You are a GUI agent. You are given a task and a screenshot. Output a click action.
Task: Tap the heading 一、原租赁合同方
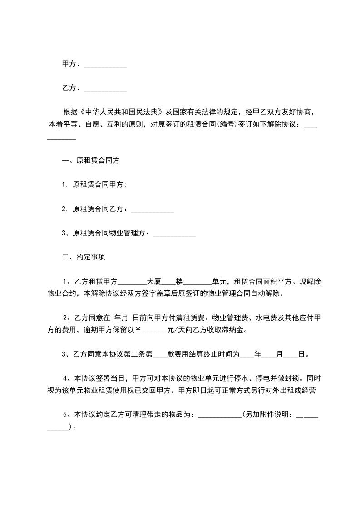(x=91, y=161)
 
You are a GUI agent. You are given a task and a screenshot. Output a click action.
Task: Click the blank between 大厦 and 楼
(x=169, y=283)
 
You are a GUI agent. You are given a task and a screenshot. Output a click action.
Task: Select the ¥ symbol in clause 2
(x=139, y=330)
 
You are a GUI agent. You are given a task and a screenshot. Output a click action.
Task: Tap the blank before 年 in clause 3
(x=247, y=355)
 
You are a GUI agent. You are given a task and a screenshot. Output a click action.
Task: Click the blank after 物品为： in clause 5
(x=220, y=416)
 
